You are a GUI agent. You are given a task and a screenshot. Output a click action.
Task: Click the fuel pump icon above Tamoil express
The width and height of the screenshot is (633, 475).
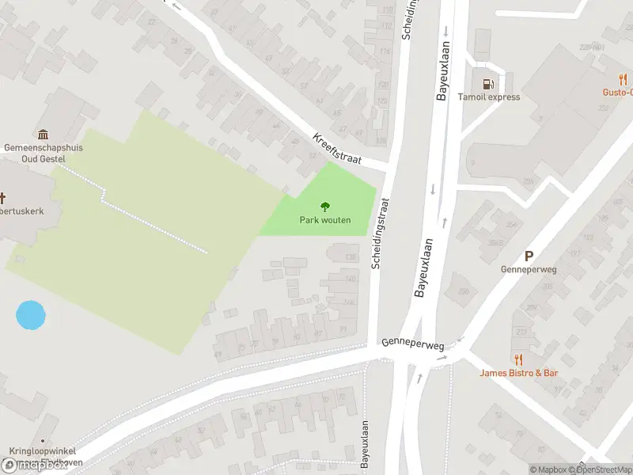click(x=488, y=83)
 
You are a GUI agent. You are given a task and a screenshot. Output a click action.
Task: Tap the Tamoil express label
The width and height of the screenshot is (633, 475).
click(x=489, y=97)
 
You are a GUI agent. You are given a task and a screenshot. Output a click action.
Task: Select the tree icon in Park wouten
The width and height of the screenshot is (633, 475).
click(x=324, y=207)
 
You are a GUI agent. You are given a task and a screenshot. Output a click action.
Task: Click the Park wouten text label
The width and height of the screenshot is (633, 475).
click(x=324, y=220)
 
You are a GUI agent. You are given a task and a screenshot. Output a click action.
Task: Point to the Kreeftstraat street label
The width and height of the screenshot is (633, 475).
click(x=336, y=148)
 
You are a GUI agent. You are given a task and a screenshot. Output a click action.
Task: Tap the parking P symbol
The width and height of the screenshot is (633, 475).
click(x=529, y=256)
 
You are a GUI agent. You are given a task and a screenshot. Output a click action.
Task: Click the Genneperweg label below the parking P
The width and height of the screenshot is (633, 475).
click(x=529, y=269)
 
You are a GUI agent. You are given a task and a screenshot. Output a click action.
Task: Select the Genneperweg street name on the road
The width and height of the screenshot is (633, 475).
click(x=412, y=345)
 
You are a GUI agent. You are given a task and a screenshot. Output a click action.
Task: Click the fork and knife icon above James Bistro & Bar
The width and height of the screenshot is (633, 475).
click(x=518, y=359)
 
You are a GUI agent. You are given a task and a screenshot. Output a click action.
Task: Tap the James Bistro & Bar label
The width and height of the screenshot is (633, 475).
click(x=518, y=373)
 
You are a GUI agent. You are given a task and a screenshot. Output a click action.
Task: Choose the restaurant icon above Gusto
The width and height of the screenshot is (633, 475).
click(x=623, y=79)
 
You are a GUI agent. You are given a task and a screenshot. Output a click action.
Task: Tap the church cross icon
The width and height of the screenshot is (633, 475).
click(x=3, y=198)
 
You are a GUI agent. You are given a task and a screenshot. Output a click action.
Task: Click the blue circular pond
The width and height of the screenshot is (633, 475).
click(x=31, y=315)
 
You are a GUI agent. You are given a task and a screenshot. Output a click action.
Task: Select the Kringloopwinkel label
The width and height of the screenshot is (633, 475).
click(x=36, y=451)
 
